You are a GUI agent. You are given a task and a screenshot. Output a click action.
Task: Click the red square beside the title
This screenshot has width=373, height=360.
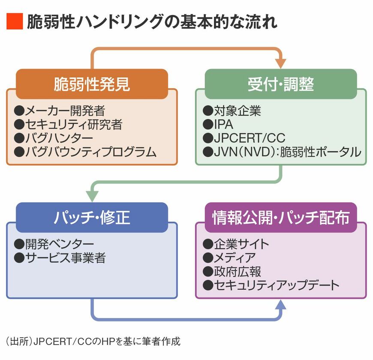click(14, 21)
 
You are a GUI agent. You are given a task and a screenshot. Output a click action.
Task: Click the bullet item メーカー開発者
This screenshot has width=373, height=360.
click(60, 111)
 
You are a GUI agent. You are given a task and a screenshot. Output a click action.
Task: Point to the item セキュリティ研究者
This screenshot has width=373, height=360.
click(69, 125)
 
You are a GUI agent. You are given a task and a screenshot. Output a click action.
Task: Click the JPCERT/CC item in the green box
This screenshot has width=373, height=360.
click(244, 138)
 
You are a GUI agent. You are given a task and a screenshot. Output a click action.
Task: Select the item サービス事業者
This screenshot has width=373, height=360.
click(60, 258)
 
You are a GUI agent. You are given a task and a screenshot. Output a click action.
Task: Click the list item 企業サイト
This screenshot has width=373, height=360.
click(236, 244)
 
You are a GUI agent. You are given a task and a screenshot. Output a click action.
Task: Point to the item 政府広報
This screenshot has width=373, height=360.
click(232, 271)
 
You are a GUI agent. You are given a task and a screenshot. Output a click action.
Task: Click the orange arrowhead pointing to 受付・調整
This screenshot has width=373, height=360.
click(280, 63)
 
